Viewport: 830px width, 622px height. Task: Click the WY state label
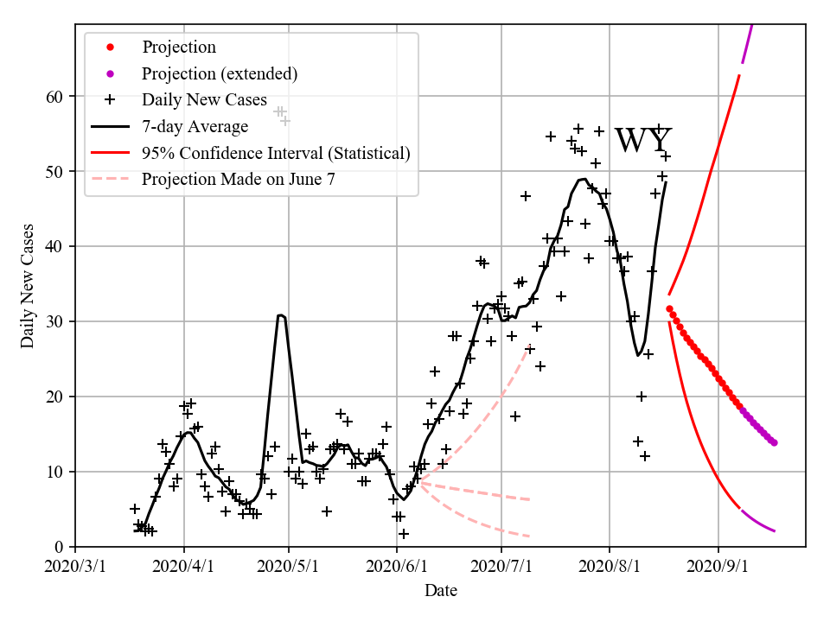click(x=642, y=141)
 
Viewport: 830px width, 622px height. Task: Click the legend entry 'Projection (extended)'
click(x=220, y=73)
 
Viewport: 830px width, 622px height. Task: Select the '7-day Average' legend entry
click(x=195, y=126)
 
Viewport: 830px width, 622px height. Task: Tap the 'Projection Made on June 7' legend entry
click(x=238, y=180)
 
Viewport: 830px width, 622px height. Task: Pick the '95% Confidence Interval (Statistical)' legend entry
click(x=276, y=153)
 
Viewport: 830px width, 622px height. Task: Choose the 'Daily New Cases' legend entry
click(x=204, y=99)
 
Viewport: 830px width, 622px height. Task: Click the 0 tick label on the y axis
click(x=59, y=547)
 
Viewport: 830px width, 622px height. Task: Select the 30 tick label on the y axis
click(x=54, y=321)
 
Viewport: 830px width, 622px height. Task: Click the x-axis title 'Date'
click(x=440, y=591)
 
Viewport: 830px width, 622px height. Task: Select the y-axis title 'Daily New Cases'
click(x=28, y=285)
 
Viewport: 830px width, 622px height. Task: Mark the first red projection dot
click(x=669, y=308)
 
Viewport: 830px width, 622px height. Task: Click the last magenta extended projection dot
click(x=774, y=442)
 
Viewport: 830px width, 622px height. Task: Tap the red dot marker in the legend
click(x=110, y=47)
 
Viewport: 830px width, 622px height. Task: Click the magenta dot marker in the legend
click(x=110, y=73)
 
